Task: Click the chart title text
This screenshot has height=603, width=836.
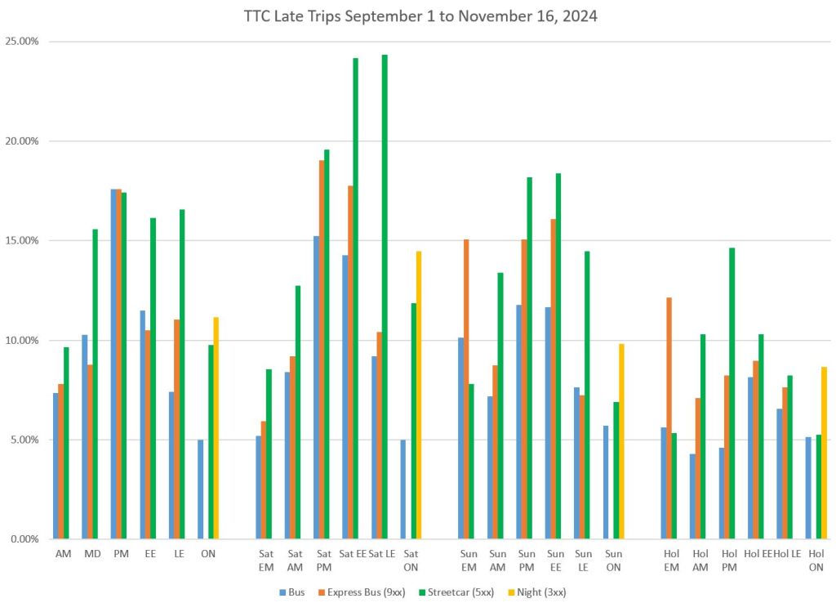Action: click(420, 16)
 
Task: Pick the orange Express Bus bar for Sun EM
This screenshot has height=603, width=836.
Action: click(466, 389)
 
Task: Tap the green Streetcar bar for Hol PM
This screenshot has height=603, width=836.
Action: click(732, 393)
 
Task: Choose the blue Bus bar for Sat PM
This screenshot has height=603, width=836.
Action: click(316, 387)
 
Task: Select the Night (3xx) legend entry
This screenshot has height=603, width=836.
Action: click(534, 592)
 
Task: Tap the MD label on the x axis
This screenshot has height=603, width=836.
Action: click(91, 553)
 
